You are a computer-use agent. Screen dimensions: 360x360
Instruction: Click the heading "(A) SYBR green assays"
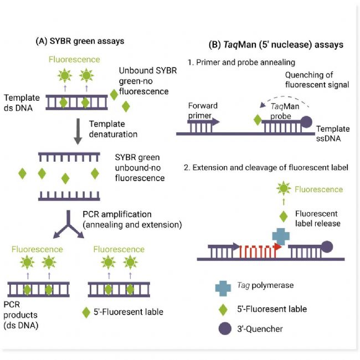80,41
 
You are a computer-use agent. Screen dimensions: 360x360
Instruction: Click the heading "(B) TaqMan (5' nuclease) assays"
276,44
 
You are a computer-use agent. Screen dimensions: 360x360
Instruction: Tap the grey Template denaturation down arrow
78,131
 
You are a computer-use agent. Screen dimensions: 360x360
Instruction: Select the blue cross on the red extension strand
281,236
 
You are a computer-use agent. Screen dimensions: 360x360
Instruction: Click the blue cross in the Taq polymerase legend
223,289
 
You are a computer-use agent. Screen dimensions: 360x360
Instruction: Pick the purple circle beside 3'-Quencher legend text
225,328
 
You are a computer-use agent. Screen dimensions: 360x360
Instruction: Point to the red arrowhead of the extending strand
278,247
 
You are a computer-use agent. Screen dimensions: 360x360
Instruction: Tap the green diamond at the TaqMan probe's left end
258,120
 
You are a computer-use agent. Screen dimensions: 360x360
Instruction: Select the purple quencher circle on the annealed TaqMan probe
306,122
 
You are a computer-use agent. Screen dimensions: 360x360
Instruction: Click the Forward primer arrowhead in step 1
215,122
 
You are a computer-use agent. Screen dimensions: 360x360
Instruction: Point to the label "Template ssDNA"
333,133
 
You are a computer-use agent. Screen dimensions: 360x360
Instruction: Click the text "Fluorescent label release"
317,219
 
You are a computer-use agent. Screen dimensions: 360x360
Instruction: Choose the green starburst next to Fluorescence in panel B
284,188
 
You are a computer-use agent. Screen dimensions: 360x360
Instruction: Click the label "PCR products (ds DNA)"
20,315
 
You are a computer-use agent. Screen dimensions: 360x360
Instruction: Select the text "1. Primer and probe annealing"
241,63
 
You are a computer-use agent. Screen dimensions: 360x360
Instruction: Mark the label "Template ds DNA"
22,103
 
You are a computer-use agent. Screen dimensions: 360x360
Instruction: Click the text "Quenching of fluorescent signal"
317,80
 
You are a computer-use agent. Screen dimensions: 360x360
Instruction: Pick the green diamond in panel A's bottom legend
86,312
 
